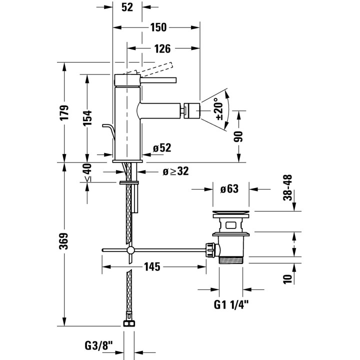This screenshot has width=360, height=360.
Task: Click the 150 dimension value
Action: [158, 27]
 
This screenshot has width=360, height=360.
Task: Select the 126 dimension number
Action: [162, 48]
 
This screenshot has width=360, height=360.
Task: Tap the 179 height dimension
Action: [64, 112]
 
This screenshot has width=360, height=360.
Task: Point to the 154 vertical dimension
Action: [87, 118]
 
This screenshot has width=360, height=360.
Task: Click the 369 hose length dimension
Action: [64, 241]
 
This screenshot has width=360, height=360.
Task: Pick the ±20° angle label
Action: [219, 109]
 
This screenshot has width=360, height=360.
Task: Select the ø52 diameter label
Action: [162, 148]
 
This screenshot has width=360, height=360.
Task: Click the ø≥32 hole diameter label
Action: [176, 171]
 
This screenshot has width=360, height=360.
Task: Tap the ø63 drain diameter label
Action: [229, 189]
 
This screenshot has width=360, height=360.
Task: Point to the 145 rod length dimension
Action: [152, 267]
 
